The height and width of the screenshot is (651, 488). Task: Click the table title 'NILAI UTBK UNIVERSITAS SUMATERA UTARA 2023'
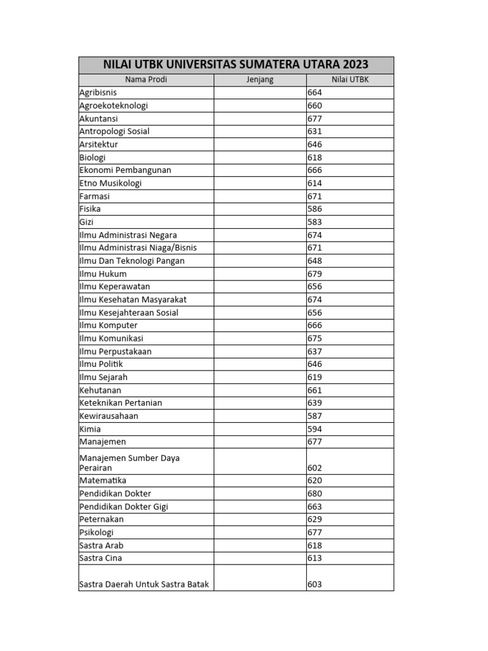(236, 65)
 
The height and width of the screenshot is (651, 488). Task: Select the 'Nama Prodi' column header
(146, 79)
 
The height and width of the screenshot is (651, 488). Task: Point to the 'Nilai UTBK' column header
(349, 79)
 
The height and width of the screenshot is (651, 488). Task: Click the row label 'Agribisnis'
(98, 93)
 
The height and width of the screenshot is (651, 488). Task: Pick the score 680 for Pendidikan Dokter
(315, 493)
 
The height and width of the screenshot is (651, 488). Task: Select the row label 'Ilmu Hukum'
(103, 274)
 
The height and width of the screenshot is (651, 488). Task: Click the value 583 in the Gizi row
(315, 222)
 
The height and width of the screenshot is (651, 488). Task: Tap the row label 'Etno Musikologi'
(111, 183)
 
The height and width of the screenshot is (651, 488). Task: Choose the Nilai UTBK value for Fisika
(315, 209)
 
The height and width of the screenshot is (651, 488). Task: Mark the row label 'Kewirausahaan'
(109, 416)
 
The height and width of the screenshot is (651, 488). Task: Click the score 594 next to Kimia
(315, 429)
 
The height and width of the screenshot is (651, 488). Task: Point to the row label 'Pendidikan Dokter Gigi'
(124, 507)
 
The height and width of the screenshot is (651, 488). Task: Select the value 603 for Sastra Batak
(315, 584)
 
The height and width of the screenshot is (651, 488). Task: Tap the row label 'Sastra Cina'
(101, 558)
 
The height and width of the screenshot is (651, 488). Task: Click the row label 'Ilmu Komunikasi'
(111, 338)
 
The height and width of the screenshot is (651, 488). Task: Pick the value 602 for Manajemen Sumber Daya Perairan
(315, 468)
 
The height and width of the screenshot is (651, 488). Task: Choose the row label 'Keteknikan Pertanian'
(121, 403)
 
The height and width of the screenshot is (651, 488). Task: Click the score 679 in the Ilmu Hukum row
(315, 274)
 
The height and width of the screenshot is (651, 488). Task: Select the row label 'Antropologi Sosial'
(114, 132)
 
